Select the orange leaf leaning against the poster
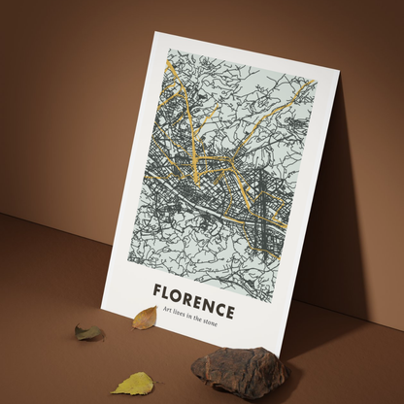pos(145,318)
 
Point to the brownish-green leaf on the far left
pos(88,333)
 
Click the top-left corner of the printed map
pos(167,50)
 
